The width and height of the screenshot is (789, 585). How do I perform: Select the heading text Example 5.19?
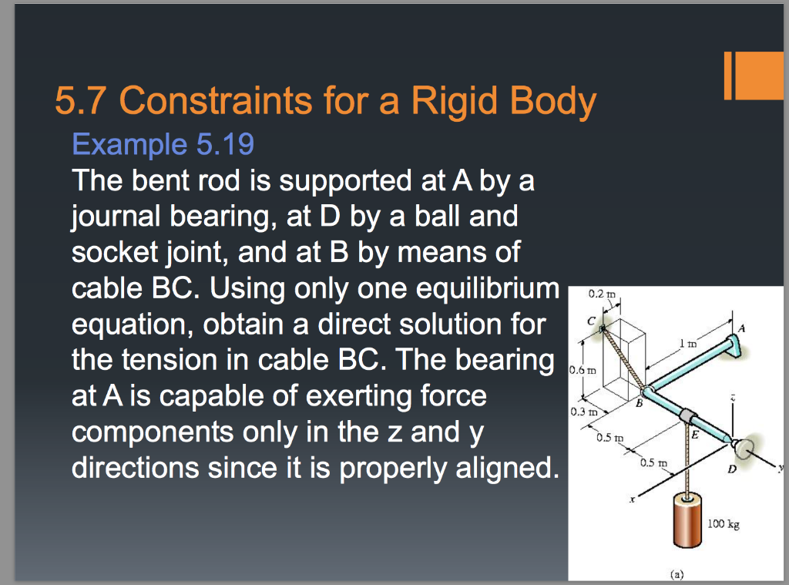point(163,144)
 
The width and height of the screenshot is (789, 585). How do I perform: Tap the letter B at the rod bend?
point(638,402)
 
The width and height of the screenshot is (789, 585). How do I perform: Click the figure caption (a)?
point(674,573)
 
